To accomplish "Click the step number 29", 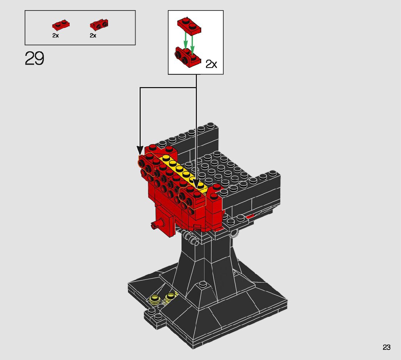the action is pyautogui.click(x=34, y=58).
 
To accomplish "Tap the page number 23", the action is pyautogui.click(x=386, y=347).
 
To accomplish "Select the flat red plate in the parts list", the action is pyautogui.click(x=61, y=25).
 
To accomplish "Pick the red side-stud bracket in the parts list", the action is pyautogui.click(x=99, y=25).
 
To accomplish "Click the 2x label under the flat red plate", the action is pyautogui.click(x=55, y=35).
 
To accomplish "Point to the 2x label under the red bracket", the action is pyautogui.click(x=93, y=35).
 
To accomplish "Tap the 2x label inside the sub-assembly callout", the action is pyautogui.click(x=211, y=64).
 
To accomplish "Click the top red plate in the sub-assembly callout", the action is pyautogui.click(x=189, y=25).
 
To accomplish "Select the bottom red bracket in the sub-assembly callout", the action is pyautogui.click(x=187, y=57).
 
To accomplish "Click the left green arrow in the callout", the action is pyautogui.click(x=186, y=40).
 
